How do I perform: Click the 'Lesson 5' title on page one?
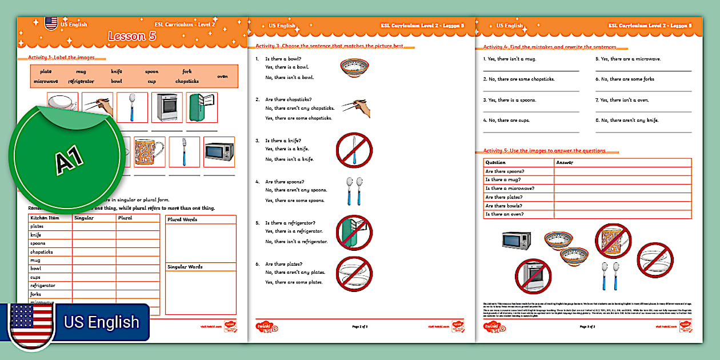tap(132, 37)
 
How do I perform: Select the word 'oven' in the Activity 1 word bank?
tap(222, 76)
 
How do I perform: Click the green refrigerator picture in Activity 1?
tap(203, 107)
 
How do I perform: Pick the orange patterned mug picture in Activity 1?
tap(149, 152)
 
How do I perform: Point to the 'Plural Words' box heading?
tap(182, 219)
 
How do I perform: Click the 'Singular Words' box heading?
tap(185, 267)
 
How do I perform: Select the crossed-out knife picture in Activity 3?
tap(354, 150)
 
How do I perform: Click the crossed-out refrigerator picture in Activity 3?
tap(354, 233)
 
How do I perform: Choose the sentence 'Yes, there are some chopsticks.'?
tap(298, 118)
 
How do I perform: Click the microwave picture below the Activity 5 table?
tap(516, 240)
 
